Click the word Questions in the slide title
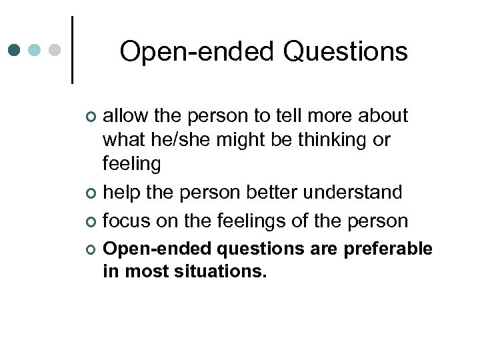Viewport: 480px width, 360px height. point(345,51)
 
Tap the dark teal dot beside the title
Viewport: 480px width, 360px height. point(15,50)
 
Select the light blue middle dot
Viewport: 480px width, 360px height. point(35,50)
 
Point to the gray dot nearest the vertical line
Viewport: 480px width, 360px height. point(56,50)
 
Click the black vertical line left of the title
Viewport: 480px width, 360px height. point(71,50)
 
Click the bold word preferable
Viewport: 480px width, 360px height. point(389,249)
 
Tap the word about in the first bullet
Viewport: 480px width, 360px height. point(383,116)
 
